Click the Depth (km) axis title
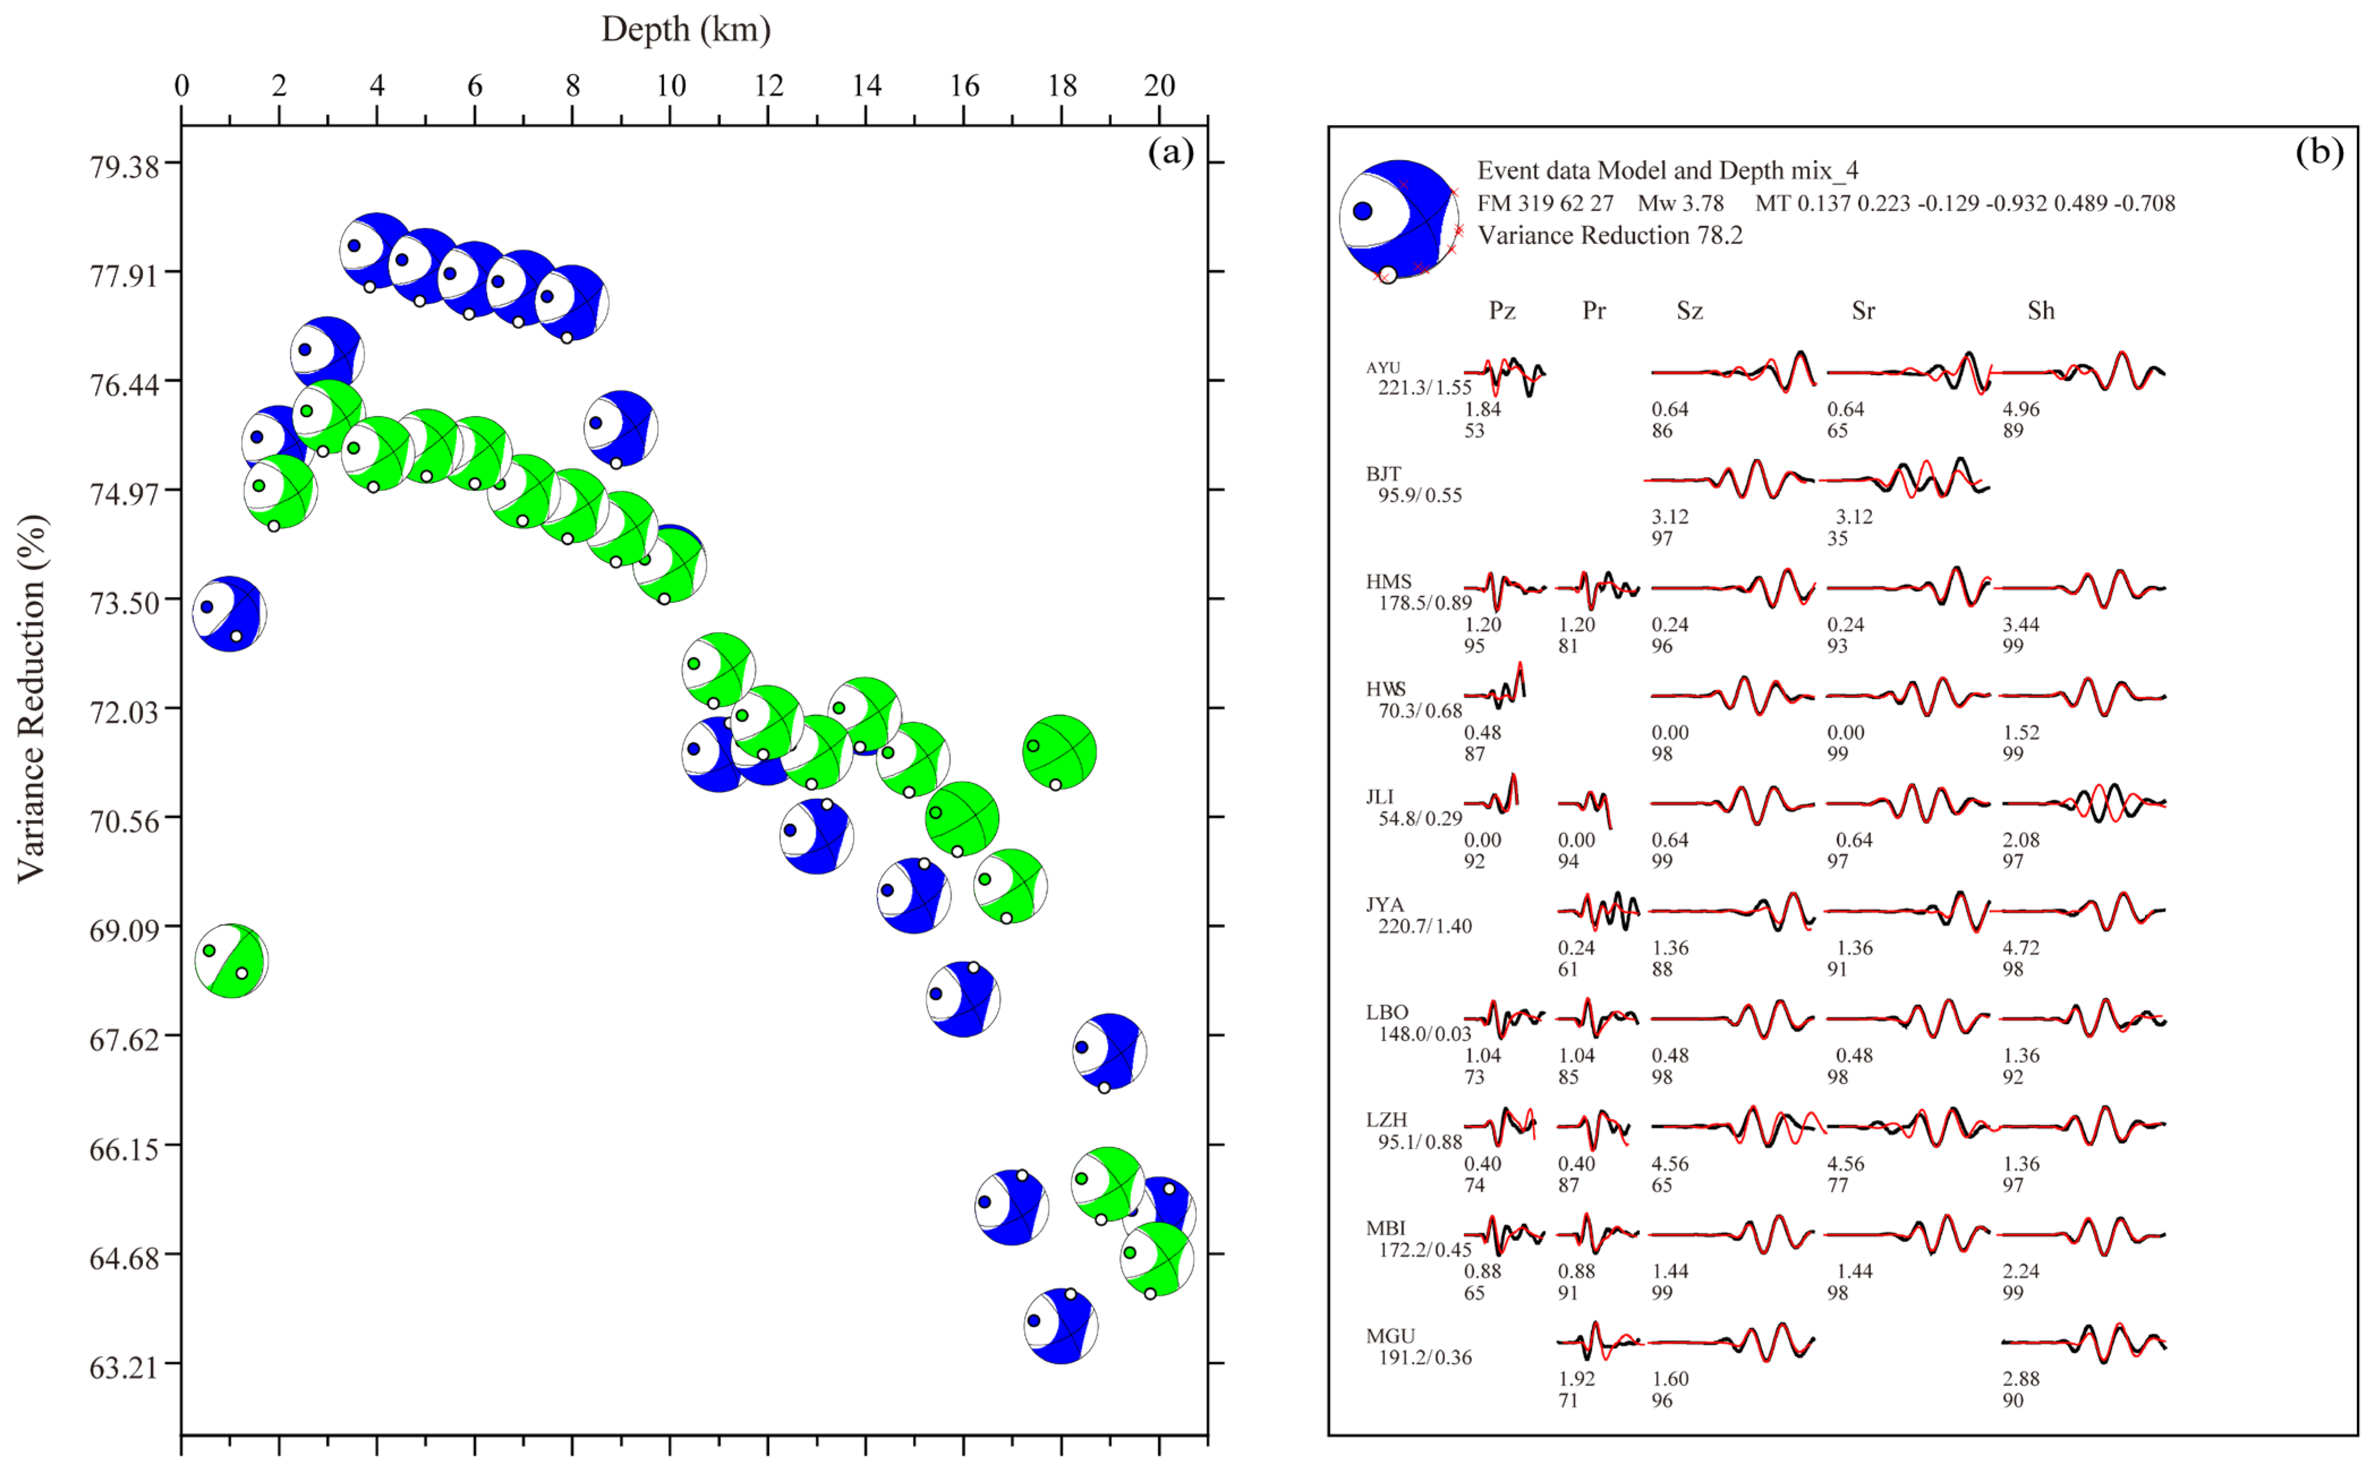coord(685,30)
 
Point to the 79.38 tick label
coord(123,166)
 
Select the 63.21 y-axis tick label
coord(123,1368)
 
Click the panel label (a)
coord(1170,151)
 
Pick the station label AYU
coord(1383,367)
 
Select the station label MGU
coord(1389,1336)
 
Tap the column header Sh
coord(2040,311)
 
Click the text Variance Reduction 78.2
coord(1610,236)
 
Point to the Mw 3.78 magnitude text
coord(1680,203)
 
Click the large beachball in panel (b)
coord(1399,220)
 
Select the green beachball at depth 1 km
coord(231,961)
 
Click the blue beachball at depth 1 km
coord(230,613)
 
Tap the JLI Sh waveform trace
coord(2084,803)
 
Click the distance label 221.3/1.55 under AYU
coord(1423,387)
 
